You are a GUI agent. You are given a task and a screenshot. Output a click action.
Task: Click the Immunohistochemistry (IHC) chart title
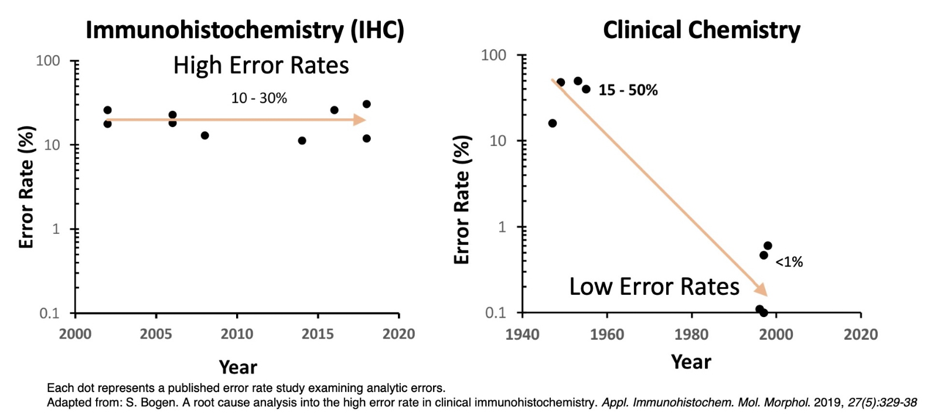[244, 30]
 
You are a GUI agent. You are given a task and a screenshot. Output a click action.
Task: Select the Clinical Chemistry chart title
[701, 30]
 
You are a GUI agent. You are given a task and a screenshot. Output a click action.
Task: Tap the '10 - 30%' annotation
[259, 98]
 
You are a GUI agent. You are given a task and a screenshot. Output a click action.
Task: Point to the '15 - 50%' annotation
[628, 90]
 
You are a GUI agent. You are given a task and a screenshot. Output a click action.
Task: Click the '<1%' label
[789, 262]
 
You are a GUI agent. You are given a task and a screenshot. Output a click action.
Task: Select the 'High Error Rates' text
[261, 66]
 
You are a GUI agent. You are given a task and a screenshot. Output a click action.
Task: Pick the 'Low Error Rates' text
[655, 287]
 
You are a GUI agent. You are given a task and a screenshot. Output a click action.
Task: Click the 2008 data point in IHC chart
[205, 135]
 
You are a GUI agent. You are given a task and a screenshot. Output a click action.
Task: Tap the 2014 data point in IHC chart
[302, 141]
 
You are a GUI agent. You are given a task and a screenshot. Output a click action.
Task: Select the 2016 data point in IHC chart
[335, 110]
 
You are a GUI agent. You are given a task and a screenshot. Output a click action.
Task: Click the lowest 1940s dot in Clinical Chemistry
[553, 123]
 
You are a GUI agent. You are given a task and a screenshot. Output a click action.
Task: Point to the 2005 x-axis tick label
[156, 334]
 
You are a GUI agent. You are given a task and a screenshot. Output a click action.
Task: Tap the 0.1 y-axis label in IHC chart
[50, 314]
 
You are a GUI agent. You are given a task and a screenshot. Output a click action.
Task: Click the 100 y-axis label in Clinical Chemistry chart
[493, 55]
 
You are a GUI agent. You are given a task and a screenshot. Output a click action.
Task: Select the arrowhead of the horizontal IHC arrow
[360, 120]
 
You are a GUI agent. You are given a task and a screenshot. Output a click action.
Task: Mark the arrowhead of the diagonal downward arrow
[762, 290]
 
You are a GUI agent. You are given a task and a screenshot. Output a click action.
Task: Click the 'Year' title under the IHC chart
[238, 367]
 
